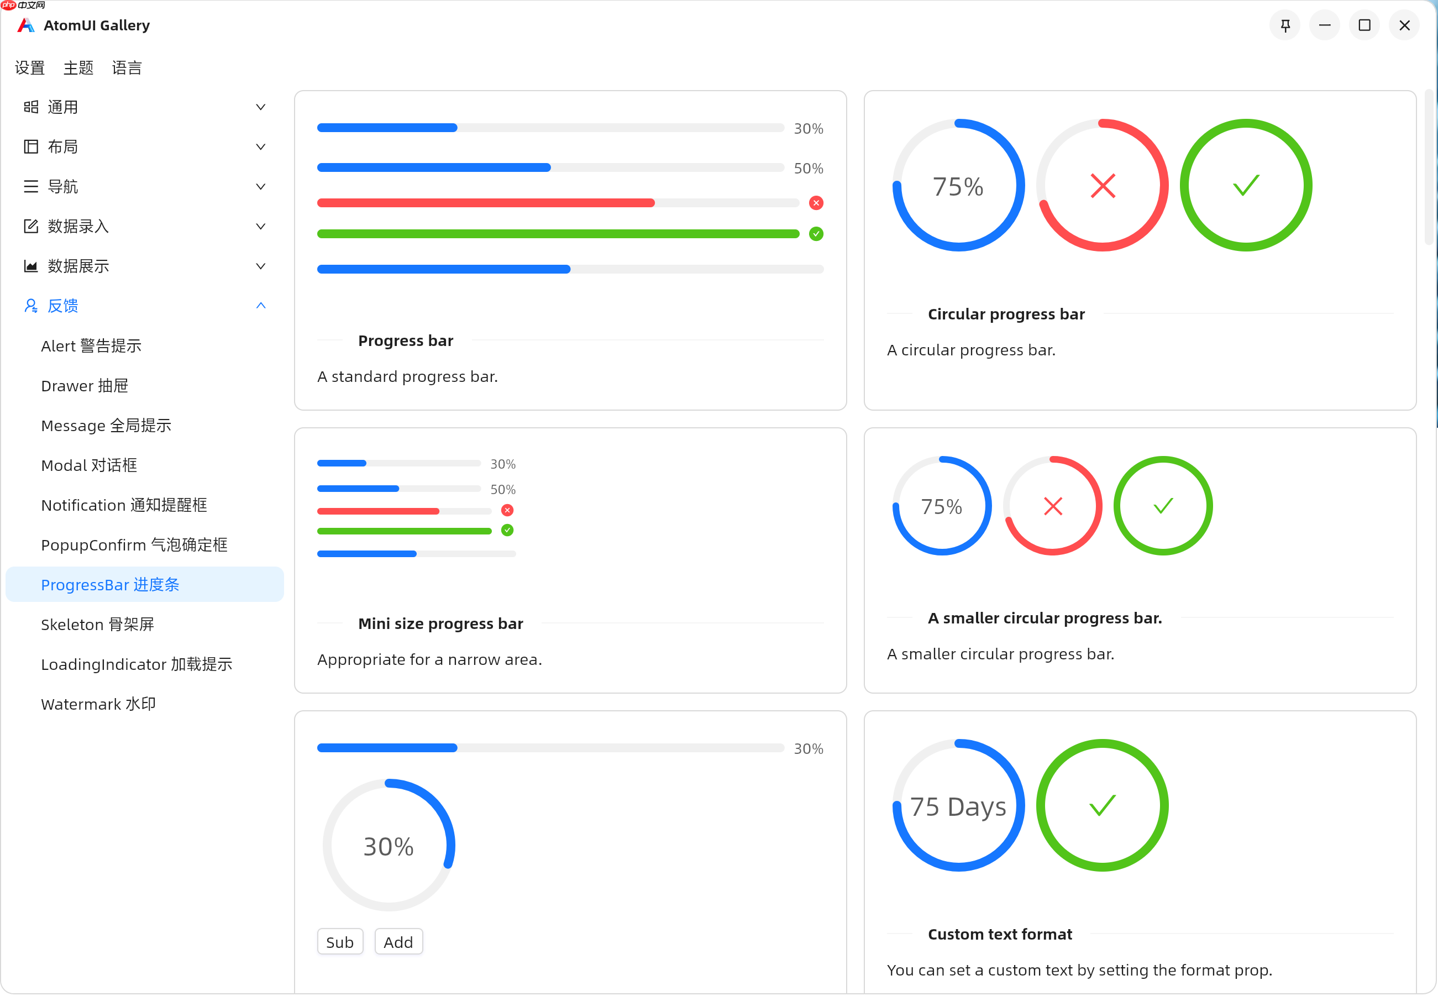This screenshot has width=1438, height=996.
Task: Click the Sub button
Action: (339, 942)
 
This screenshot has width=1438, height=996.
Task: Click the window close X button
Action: (1404, 25)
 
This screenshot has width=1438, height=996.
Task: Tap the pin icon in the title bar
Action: (1285, 25)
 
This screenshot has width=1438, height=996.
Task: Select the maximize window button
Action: (1364, 25)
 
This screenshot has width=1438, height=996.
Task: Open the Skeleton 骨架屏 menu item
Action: (97, 625)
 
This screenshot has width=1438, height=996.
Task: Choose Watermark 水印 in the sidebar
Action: (98, 704)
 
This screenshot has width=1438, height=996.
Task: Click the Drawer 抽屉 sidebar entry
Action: (84, 386)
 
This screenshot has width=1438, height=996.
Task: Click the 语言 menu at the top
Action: (127, 67)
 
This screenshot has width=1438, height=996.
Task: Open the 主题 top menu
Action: (78, 67)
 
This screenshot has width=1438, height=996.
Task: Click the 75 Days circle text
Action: (958, 806)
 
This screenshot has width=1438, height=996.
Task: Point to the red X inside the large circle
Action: (1103, 185)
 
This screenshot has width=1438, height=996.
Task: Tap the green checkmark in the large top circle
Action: (1246, 185)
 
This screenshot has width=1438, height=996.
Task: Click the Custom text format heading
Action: (999, 934)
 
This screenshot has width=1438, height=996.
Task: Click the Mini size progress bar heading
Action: (440, 623)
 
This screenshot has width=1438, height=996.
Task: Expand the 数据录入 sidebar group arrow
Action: (261, 227)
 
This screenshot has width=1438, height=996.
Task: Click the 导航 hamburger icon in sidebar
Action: (30, 187)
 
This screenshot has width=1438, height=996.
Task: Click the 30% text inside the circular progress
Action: (388, 847)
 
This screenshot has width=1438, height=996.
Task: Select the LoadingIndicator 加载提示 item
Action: (136, 664)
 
